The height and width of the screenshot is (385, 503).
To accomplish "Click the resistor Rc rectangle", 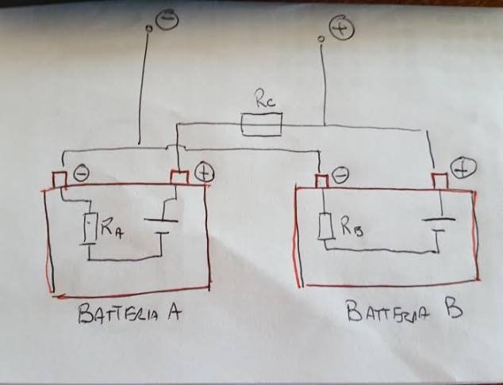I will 261,123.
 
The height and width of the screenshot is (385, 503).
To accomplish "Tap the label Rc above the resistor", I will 263,101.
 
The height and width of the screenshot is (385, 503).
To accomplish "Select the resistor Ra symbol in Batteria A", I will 90,229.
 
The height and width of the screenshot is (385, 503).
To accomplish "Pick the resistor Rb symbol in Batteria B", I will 324,227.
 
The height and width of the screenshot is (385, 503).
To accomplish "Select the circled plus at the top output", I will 342,29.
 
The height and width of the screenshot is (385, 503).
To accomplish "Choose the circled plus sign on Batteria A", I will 203,171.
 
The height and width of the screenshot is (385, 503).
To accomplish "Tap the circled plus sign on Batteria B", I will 463,167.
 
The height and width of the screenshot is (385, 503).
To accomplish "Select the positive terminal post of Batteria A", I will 179,177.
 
